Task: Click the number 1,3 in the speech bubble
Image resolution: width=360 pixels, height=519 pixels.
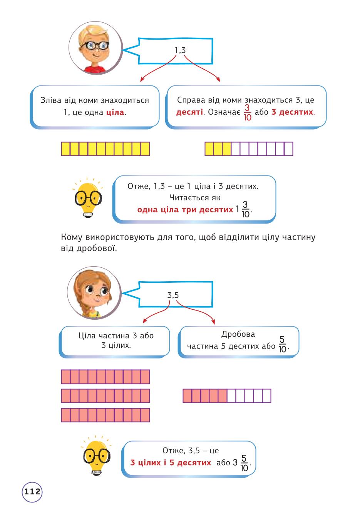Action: (180, 50)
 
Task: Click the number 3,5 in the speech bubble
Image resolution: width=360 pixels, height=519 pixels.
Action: (173, 295)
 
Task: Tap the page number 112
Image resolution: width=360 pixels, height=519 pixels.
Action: (32, 492)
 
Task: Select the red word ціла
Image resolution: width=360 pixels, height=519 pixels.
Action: (115, 112)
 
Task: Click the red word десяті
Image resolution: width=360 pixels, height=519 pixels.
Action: (189, 112)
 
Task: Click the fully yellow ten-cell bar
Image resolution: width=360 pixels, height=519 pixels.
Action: (105, 149)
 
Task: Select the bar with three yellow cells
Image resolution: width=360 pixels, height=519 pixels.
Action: (249, 149)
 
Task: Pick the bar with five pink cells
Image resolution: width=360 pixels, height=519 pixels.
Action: (227, 396)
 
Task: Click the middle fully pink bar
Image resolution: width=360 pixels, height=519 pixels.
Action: (105, 396)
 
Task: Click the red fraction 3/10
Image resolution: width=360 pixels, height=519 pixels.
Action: (247, 113)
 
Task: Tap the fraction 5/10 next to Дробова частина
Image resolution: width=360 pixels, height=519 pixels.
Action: (282, 344)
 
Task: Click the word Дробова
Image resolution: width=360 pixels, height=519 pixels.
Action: (238, 334)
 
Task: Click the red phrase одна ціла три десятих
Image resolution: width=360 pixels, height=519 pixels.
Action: (185, 209)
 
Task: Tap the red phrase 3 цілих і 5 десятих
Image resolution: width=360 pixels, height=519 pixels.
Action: (171, 462)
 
